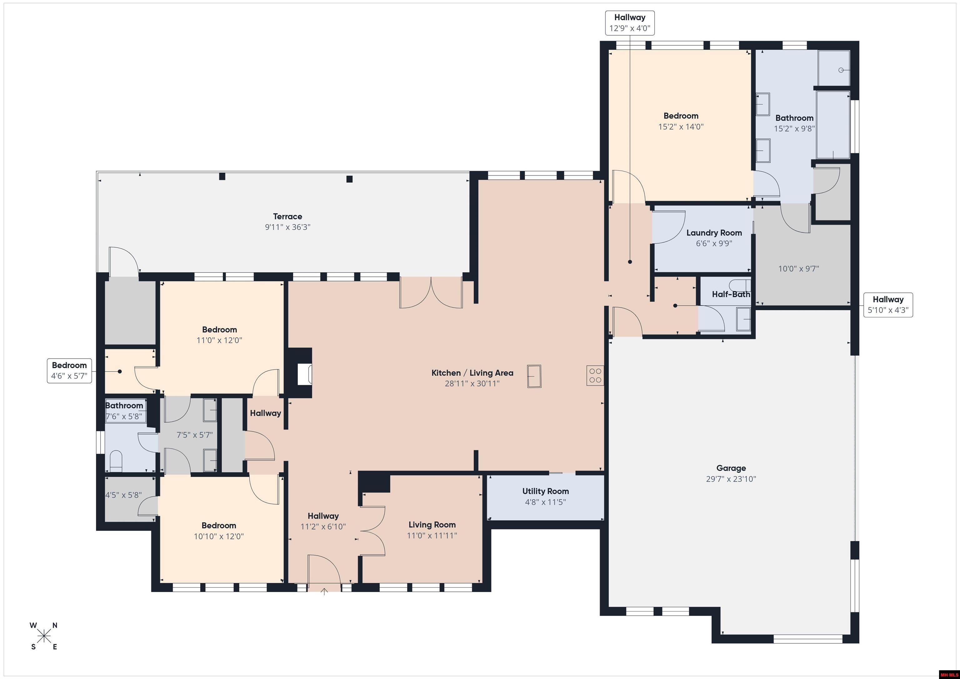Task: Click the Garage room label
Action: [x=731, y=468]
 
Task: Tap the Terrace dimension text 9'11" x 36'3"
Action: [x=288, y=227]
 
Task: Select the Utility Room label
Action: [x=545, y=491]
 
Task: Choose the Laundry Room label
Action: [x=714, y=233]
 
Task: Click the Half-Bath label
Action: [x=731, y=294]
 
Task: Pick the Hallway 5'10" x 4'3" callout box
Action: [x=888, y=305]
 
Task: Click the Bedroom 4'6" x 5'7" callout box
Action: [x=69, y=371]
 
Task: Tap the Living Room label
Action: [x=432, y=525]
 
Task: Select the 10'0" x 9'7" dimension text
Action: [x=799, y=269]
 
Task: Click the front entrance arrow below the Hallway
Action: [x=324, y=591]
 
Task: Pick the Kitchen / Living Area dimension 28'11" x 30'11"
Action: [x=472, y=383]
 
